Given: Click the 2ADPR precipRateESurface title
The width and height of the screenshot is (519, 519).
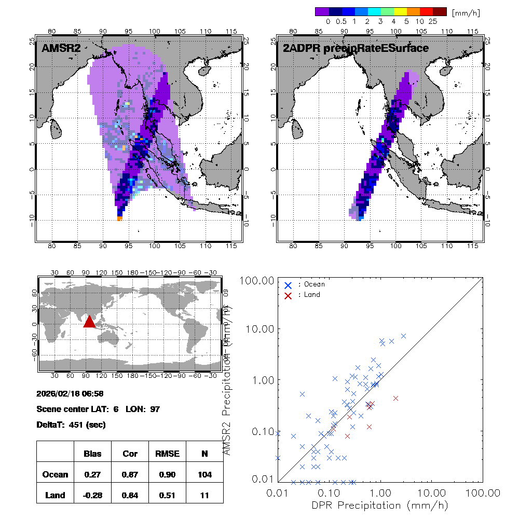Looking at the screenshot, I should click(356, 48).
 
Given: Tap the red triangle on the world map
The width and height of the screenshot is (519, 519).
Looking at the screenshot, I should click(89, 322).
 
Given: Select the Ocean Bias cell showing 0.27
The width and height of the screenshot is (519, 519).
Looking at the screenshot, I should click(92, 474).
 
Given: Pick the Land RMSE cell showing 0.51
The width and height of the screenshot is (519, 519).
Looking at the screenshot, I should click(167, 495).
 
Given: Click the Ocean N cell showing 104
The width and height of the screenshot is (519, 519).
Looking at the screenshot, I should click(204, 474).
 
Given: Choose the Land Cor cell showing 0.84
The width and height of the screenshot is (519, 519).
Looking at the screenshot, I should click(130, 495).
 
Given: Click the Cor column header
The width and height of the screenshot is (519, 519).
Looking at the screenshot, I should click(130, 454).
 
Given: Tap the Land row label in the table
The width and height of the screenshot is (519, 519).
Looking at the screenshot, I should click(55, 495).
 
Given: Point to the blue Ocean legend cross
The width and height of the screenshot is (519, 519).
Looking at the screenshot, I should click(288, 285).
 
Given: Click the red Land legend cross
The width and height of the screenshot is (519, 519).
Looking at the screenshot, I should click(288, 295).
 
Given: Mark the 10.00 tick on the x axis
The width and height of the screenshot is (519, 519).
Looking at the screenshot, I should click(432, 492).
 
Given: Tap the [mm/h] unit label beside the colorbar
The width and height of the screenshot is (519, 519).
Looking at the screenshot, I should click(466, 12).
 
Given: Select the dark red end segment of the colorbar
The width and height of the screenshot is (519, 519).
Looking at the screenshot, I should click(440, 11).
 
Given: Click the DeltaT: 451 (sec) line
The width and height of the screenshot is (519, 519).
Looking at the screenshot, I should click(71, 425).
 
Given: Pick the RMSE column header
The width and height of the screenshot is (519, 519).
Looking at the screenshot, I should click(167, 454).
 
